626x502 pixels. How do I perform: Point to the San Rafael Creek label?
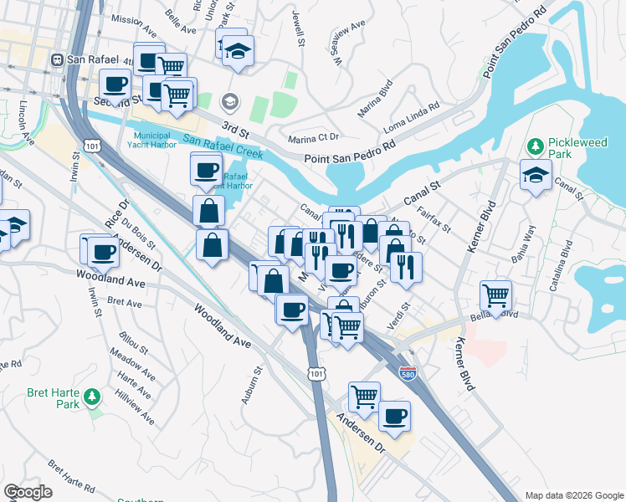pos(223,148)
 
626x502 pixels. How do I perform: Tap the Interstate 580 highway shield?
pos(408,372)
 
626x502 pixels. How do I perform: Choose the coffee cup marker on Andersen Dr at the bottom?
pos(394,416)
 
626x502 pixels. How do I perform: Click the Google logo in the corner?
pos(28,492)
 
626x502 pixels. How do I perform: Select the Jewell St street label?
pos(296,28)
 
